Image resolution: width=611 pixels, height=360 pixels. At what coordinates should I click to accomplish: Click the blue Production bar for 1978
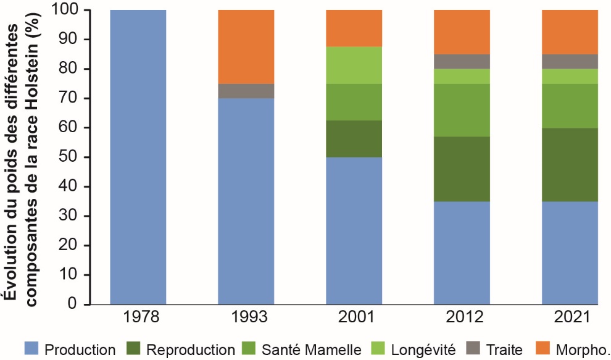(x=138, y=157)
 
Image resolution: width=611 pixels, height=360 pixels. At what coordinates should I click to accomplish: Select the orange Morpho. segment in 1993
(x=246, y=46)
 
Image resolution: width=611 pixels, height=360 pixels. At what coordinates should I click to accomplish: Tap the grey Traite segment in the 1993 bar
(x=246, y=91)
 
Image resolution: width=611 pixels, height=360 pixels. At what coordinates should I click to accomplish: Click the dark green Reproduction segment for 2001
(x=354, y=138)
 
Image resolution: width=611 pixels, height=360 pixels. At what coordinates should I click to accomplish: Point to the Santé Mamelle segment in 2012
(x=462, y=110)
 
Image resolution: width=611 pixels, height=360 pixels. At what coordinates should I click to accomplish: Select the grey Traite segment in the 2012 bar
(x=462, y=61)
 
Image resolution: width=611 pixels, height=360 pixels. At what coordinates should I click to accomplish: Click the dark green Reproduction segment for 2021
(x=570, y=164)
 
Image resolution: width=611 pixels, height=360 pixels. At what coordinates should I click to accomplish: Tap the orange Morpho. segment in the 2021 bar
(x=570, y=31)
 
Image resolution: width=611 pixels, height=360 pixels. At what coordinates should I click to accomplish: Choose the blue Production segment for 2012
(x=462, y=253)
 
